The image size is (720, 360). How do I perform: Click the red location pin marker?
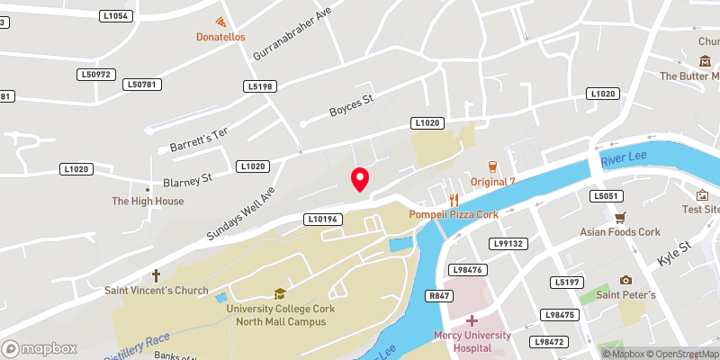tap(360, 179)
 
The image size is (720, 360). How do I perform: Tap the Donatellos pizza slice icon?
tap(220, 22)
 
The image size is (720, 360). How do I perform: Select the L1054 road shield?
tap(116, 16)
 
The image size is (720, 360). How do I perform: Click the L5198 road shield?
tap(258, 86)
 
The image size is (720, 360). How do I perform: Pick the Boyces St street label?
tap(350, 110)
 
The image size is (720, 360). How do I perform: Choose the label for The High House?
tap(148, 202)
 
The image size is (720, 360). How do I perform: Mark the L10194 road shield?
tap(321, 219)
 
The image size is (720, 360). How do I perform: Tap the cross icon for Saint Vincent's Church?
tap(156, 275)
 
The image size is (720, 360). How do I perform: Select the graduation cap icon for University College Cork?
tap(280, 293)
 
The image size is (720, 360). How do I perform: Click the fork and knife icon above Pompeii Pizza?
tap(454, 200)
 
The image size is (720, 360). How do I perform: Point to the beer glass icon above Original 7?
tap(492, 166)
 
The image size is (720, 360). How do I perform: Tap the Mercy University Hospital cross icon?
tap(471, 320)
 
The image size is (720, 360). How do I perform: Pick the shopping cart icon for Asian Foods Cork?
tap(620, 217)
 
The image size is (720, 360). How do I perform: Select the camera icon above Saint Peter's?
tap(625, 280)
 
